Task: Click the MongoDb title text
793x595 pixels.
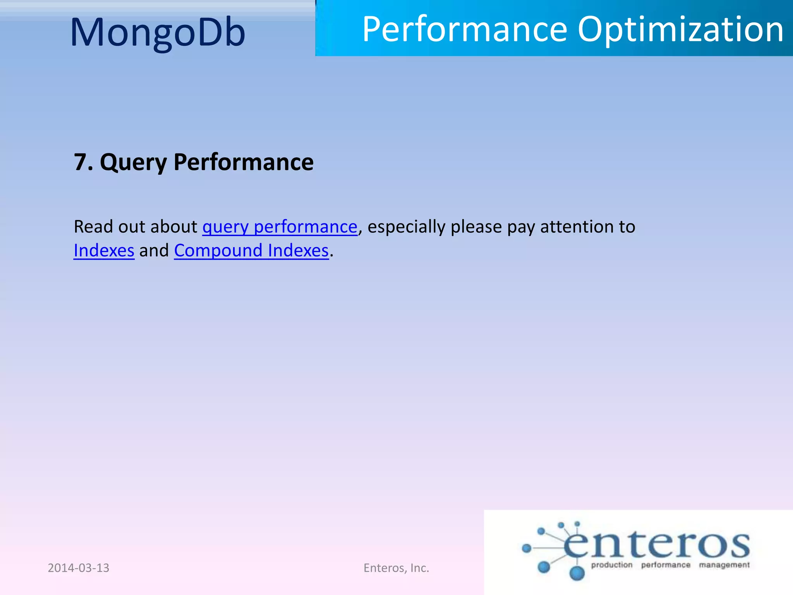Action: [x=158, y=33]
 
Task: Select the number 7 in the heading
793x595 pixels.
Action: [x=81, y=162]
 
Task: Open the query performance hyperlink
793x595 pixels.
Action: [x=280, y=227]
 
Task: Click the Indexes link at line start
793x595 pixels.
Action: [x=104, y=251]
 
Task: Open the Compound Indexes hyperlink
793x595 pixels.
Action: [x=251, y=251]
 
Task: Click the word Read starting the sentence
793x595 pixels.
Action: [x=93, y=227]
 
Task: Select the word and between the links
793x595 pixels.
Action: [x=154, y=251]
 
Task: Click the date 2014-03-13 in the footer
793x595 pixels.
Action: [x=78, y=568]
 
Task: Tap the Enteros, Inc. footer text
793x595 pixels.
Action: [x=396, y=568]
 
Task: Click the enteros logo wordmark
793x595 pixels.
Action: [x=656, y=544]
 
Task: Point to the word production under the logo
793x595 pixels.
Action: [x=611, y=565]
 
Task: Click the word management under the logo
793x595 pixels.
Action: [x=724, y=565]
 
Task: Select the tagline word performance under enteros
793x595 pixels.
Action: [x=666, y=565]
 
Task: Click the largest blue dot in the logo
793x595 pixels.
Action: [x=577, y=573]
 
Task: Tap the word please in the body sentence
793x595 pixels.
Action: [x=476, y=227]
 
